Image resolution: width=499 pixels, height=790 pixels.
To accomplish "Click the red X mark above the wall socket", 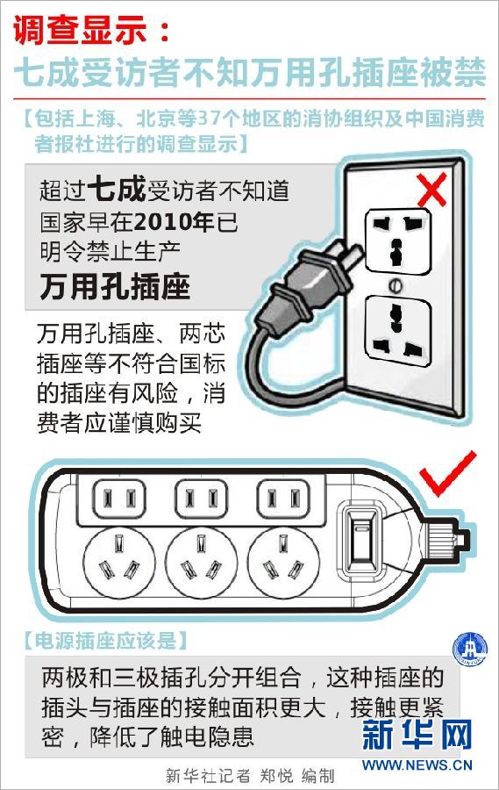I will coord(431,189).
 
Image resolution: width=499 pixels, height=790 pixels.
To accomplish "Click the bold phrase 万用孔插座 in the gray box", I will coord(115,286).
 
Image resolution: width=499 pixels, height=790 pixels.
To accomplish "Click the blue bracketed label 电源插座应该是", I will coord(106,640).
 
